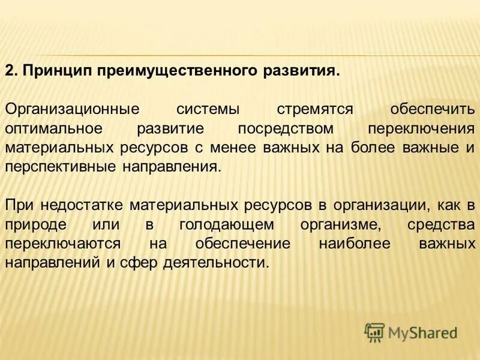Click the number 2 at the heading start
coord(10,71)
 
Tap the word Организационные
coord(71,110)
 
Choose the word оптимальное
coord(56,128)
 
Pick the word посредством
coord(284,128)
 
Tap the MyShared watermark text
coord(422,332)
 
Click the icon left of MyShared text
coord(374,331)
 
